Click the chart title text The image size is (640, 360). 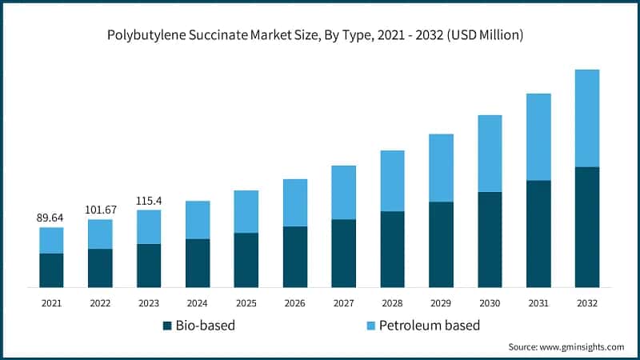tap(320, 36)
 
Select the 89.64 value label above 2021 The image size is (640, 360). tap(51, 217)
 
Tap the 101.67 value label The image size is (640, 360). tap(100, 210)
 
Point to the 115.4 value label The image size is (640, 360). tap(149, 199)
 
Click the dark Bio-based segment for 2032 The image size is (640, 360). tap(586, 226)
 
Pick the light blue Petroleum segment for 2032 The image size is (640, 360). tap(586, 118)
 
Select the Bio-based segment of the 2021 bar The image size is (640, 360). tap(51, 270)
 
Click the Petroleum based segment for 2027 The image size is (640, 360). tap(343, 192)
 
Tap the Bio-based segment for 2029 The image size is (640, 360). tap(441, 244)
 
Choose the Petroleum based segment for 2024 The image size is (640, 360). tap(198, 219)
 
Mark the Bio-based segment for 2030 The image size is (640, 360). tap(490, 239)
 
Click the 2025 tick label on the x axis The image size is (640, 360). tap(246, 303)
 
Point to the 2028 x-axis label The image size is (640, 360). tap(392, 303)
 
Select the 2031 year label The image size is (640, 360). tap(538, 303)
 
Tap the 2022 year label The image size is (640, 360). tap(100, 303)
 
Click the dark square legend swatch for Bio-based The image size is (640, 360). tap(167, 326)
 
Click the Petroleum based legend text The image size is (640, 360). tap(429, 326)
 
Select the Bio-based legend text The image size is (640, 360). tap(206, 326)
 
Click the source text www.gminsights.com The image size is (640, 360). tap(566, 347)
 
